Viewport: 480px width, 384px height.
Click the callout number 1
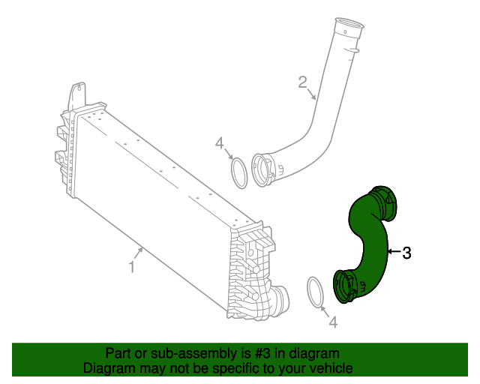131,266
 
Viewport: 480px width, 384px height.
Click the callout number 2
303,81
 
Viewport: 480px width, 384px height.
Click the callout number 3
406,253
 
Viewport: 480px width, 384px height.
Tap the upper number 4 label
220,143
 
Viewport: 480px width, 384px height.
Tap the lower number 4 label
333,322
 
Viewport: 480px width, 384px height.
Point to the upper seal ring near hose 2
239,173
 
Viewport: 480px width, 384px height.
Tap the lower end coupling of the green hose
346,286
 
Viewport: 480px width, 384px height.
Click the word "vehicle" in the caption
331,368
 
